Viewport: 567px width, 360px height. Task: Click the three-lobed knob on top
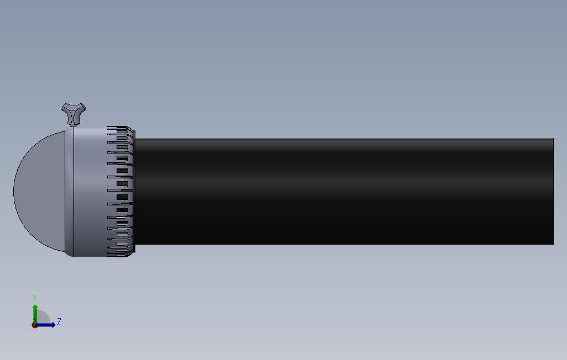[73, 113]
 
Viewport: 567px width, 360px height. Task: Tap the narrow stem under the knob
[73, 125]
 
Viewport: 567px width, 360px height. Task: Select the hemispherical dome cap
[40, 191]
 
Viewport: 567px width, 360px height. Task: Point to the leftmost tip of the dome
[14, 191]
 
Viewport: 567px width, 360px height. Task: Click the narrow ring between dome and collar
[70, 191]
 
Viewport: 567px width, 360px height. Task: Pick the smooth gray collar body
[91, 191]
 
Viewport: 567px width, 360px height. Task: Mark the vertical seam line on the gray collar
[73, 191]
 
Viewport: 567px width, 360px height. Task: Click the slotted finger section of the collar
[121, 192]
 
